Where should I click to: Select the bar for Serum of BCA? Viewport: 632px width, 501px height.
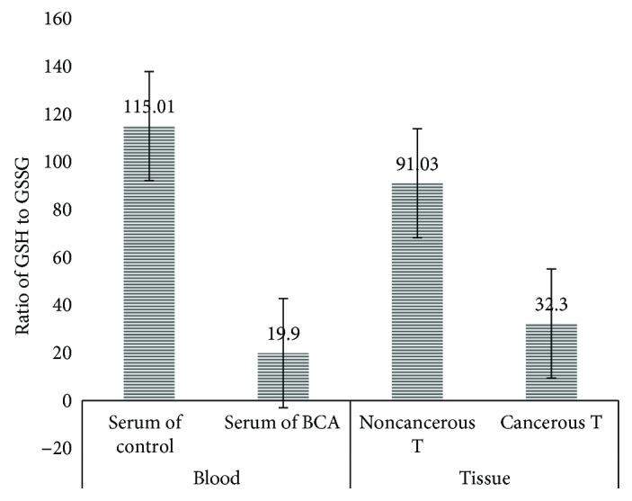click(x=283, y=377)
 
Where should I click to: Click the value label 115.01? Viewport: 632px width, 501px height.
click(x=149, y=108)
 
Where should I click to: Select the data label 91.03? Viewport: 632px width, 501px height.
click(x=417, y=164)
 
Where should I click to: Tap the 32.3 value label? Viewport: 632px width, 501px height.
click(x=551, y=305)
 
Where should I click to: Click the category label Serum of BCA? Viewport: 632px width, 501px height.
click(x=283, y=423)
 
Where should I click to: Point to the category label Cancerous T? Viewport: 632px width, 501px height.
click(x=551, y=423)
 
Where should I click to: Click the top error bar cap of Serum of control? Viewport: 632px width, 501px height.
click(x=149, y=71)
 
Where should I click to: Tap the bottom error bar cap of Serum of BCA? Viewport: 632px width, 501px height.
click(x=283, y=407)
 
